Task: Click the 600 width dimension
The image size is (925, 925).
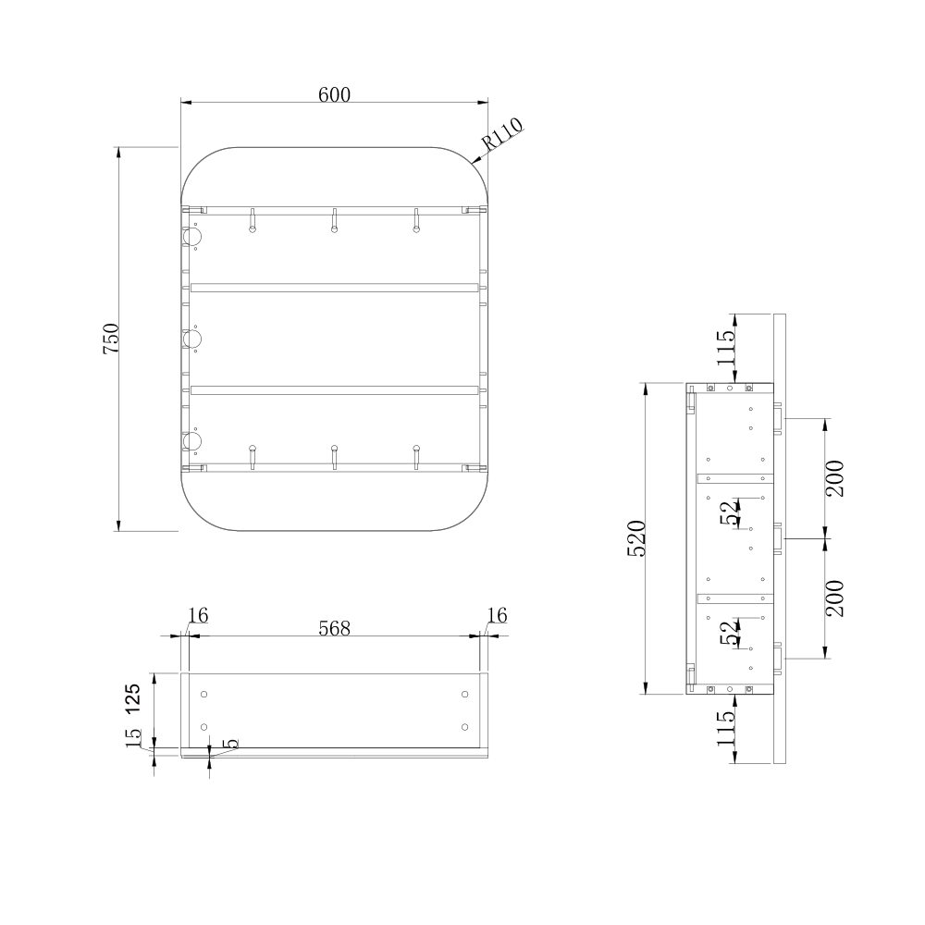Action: coord(334,94)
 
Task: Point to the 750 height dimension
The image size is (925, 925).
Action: coord(110,339)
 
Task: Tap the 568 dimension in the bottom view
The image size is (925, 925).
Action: coord(334,628)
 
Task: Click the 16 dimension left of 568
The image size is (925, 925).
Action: coord(197,616)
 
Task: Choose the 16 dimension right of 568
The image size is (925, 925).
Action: coord(497,616)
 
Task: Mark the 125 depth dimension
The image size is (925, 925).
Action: coord(133,700)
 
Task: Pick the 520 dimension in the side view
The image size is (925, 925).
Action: coord(636,537)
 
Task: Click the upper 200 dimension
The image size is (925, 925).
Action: coord(834,478)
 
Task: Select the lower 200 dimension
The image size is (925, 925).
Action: coord(834,598)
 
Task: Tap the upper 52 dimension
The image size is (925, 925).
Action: coord(731,512)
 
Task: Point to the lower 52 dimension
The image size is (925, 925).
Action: coord(731,633)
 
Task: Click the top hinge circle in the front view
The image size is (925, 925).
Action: coord(193,238)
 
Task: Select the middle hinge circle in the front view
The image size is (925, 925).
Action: coord(193,340)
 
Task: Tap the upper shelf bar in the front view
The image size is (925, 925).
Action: coord(334,288)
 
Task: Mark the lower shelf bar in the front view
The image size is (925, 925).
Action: coord(334,389)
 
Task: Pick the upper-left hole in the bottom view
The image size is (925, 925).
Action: coord(205,694)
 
